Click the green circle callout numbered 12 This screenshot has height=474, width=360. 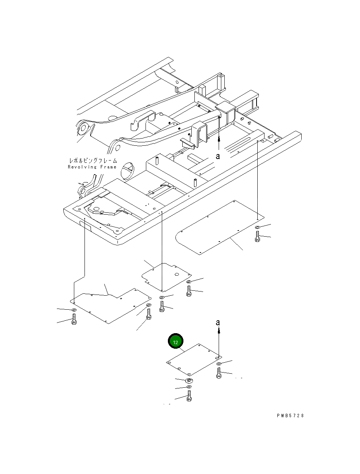pyautogui.click(x=175, y=342)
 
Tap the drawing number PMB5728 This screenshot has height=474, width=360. pyautogui.click(x=290, y=416)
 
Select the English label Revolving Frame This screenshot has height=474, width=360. pyautogui.click(x=92, y=167)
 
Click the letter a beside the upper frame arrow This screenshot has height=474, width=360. pyautogui.click(x=218, y=156)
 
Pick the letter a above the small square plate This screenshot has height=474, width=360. pyautogui.click(x=218, y=323)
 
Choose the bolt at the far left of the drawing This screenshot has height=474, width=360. pyautogui.click(x=74, y=320)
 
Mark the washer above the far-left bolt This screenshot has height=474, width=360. pyautogui.click(x=74, y=310)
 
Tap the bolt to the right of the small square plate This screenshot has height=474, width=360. pyautogui.click(x=219, y=373)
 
